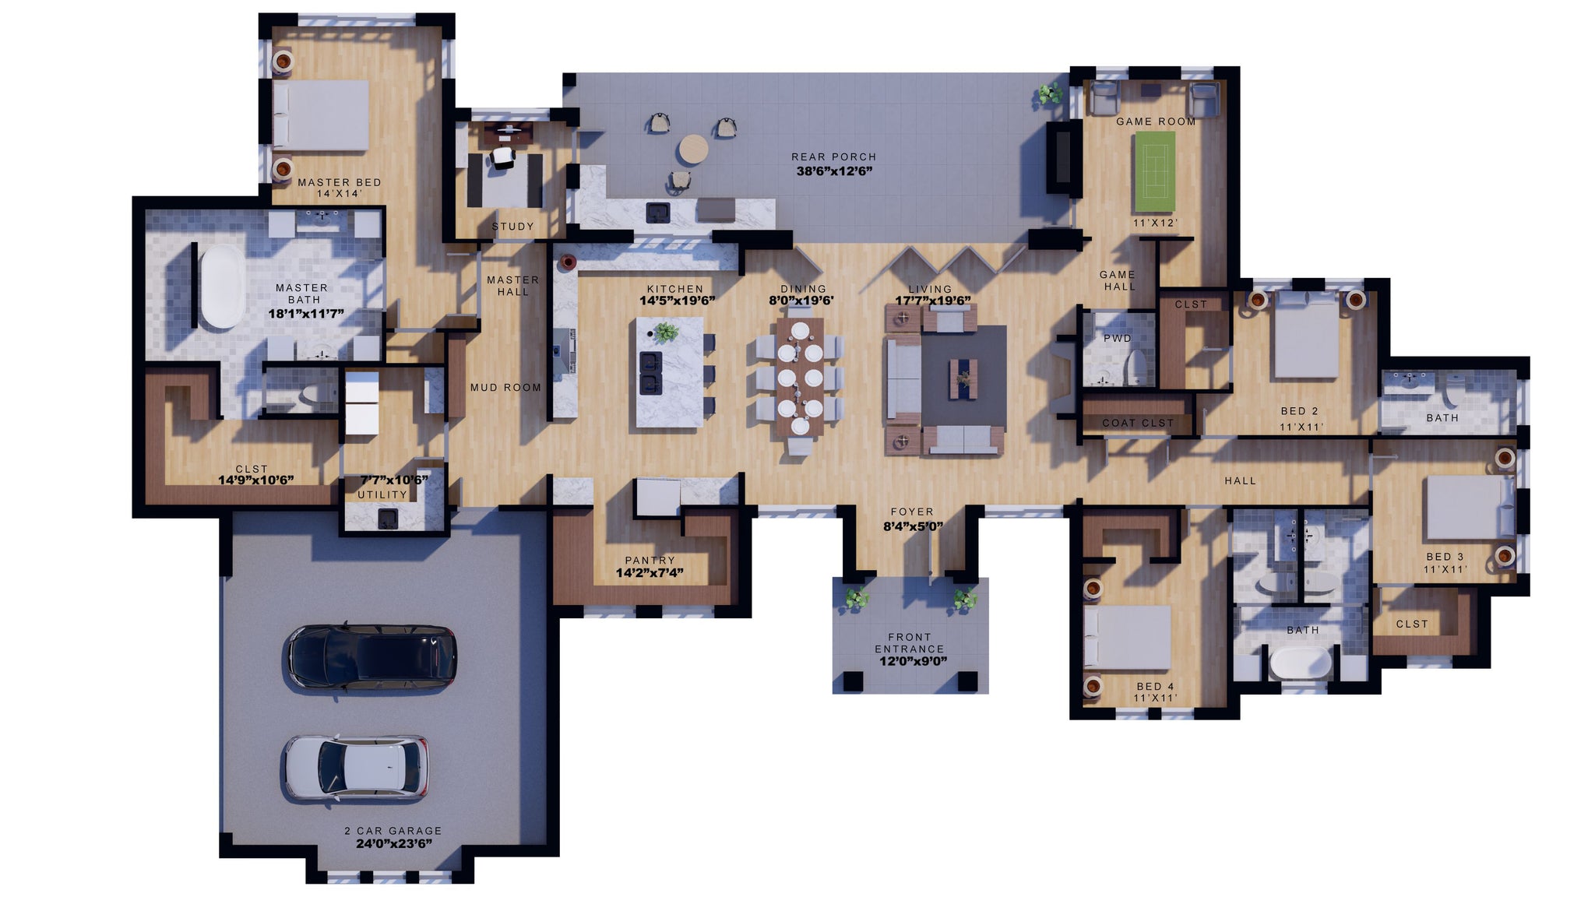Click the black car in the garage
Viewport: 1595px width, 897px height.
pyautogui.click(x=370, y=657)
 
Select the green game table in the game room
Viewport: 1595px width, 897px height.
pyautogui.click(x=1154, y=171)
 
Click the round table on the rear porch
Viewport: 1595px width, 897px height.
pyautogui.click(x=692, y=148)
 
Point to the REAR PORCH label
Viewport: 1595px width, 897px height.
pyautogui.click(x=834, y=157)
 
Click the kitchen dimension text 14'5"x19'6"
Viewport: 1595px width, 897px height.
pyautogui.click(x=677, y=301)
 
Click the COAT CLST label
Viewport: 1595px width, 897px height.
pyautogui.click(x=1138, y=423)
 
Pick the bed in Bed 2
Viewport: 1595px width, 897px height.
pyautogui.click(x=1306, y=337)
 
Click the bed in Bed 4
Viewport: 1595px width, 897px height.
pyautogui.click(x=1128, y=638)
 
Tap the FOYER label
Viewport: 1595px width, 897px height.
pyautogui.click(x=912, y=512)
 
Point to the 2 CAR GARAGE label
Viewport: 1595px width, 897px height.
pyautogui.click(x=393, y=831)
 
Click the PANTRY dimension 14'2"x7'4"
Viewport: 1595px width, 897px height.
pyautogui.click(x=650, y=573)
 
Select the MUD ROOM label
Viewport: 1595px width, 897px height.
pyautogui.click(x=505, y=388)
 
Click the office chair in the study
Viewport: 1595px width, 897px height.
pyautogui.click(x=504, y=158)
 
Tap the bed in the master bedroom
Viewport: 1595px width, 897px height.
pyautogui.click(x=321, y=115)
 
